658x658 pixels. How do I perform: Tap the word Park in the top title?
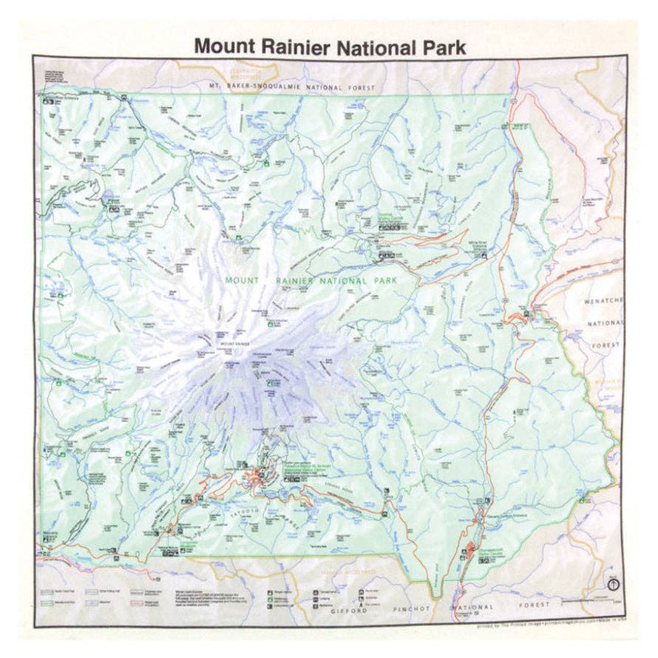[442, 47]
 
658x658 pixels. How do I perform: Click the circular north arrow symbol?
[613, 584]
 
